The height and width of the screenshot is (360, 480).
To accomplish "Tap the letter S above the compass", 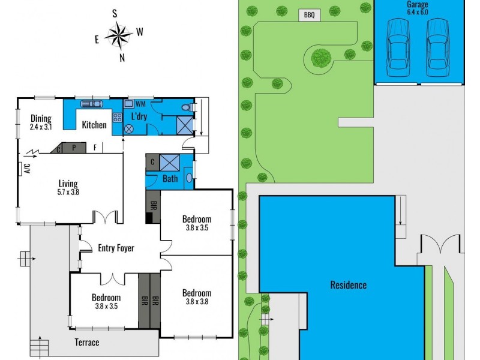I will pyautogui.click(x=115, y=13).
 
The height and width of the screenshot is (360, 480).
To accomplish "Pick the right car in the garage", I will pyautogui.click(x=437, y=47).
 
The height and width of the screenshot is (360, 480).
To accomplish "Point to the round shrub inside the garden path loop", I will pyautogui.click(x=322, y=58).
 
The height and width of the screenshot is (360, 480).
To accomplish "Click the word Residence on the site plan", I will pyautogui.click(x=348, y=284).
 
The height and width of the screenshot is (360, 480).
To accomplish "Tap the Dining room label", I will pyautogui.click(x=41, y=118).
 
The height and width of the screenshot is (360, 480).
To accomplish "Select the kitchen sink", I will pyautogui.click(x=92, y=103).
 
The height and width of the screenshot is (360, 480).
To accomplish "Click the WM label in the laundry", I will pyautogui.click(x=140, y=104).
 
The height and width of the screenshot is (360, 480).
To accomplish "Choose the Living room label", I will pyautogui.click(x=68, y=184).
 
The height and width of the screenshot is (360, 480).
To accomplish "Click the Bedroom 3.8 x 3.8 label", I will pyautogui.click(x=197, y=297).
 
